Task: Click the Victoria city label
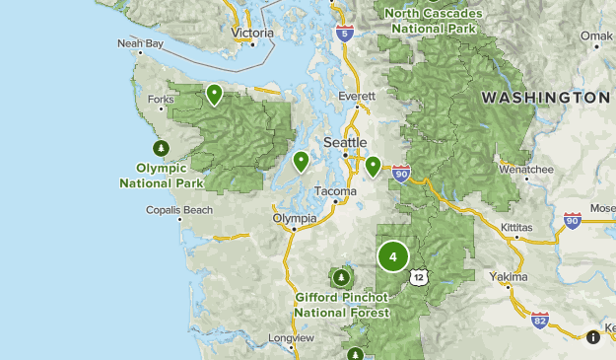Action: [x=251, y=33]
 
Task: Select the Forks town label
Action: [x=160, y=99]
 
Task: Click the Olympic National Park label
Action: [x=162, y=176]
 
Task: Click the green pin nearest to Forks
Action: [x=214, y=94]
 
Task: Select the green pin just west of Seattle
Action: [x=301, y=161]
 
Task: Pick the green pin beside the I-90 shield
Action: [x=373, y=166]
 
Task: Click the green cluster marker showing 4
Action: [x=392, y=257]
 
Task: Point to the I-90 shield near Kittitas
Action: [x=573, y=220]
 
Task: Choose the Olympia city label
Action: [x=296, y=218]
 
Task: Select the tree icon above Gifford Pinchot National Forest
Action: [x=343, y=277]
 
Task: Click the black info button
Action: [x=593, y=336]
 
